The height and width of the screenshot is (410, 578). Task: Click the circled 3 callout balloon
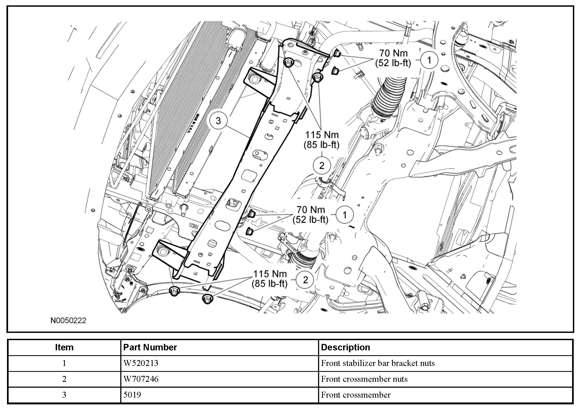pos(218,121)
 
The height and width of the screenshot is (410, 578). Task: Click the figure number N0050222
pos(68,321)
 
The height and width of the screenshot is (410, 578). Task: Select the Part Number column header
pos(150,347)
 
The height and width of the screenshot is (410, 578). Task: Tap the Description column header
pos(346,347)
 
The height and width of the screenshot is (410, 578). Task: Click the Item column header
pos(64,347)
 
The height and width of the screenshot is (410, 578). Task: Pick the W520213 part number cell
pos(141,363)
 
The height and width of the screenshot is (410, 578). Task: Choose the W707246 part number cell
pos(141,379)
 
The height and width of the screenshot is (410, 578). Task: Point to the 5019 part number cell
pos(132,395)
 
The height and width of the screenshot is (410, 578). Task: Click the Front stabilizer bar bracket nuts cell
pos(378,363)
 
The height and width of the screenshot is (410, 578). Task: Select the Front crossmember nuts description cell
pos(364,379)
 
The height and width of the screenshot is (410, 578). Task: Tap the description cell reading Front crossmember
pos(356,395)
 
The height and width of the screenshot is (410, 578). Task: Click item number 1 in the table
pos(64,363)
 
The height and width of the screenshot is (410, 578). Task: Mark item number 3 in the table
pos(64,395)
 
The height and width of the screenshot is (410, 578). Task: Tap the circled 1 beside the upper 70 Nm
pos(429,60)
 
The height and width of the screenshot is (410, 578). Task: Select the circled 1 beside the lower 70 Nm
pos(345,215)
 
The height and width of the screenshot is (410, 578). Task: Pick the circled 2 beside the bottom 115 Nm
pos(305,280)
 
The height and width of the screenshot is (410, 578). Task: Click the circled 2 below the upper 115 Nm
pos(322,166)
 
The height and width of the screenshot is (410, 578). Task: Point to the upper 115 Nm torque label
pos(322,140)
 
